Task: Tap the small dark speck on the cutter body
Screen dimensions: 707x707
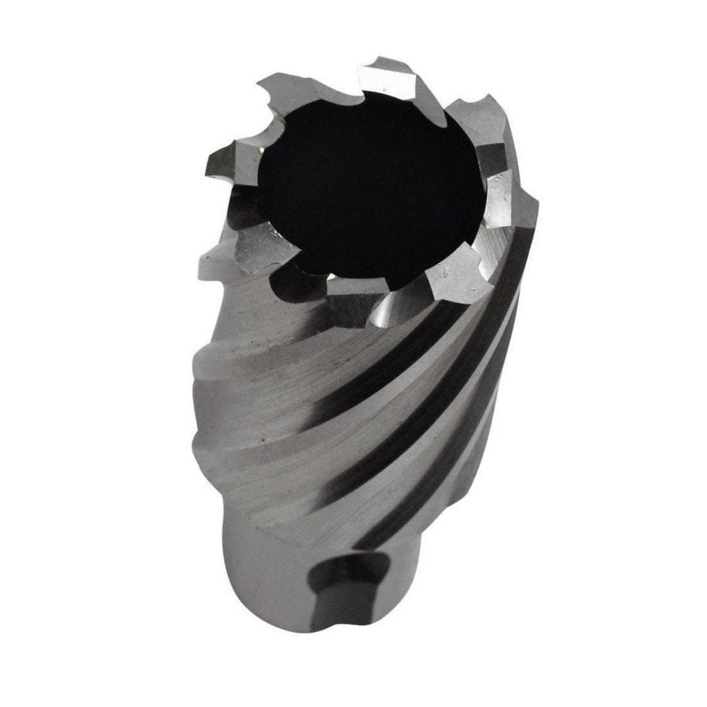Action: (263, 441)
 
